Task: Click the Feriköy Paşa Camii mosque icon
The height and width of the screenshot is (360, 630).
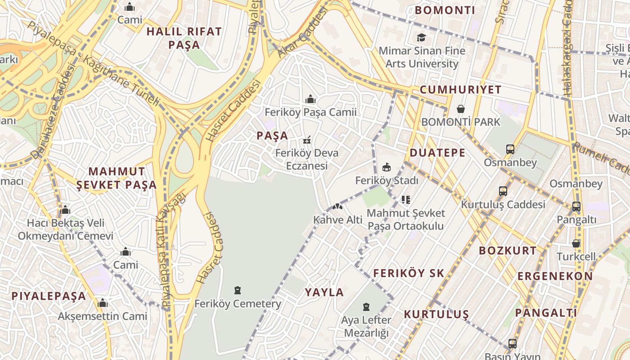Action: (310, 99)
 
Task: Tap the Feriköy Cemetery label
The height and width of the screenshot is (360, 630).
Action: (238, 304)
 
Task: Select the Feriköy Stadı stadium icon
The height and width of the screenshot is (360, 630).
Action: (386, 167)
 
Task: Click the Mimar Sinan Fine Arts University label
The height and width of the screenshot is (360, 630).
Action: (422, 57)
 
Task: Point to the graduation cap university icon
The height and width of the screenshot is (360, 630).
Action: (421, 37)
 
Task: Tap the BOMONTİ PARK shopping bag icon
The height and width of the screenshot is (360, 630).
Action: (461, 109)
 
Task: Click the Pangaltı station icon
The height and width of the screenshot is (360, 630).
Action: (576, 207)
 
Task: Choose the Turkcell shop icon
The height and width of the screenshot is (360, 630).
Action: (576, 243)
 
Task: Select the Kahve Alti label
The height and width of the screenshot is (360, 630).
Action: (337, 220)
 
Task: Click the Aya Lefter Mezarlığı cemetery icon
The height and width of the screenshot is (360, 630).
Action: (366, 307)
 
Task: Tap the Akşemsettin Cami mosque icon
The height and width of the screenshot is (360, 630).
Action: (103, 303)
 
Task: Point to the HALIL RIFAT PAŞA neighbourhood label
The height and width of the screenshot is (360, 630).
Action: (184, 38)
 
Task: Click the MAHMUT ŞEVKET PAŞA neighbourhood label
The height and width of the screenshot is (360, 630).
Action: (117, 178)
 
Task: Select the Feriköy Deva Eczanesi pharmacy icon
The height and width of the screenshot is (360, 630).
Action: (307, 140)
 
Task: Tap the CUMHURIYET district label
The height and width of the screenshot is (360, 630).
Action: (460, 90)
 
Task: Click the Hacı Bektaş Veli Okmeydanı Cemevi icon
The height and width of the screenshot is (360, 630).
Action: (65, 210)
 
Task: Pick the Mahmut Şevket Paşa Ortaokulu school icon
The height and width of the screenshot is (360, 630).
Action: (406, 199)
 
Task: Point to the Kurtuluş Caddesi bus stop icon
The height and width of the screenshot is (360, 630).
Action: (503, 191)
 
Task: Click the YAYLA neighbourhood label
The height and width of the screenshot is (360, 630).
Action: (324, 292)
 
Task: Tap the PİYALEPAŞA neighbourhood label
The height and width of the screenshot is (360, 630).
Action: (49, 296)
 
